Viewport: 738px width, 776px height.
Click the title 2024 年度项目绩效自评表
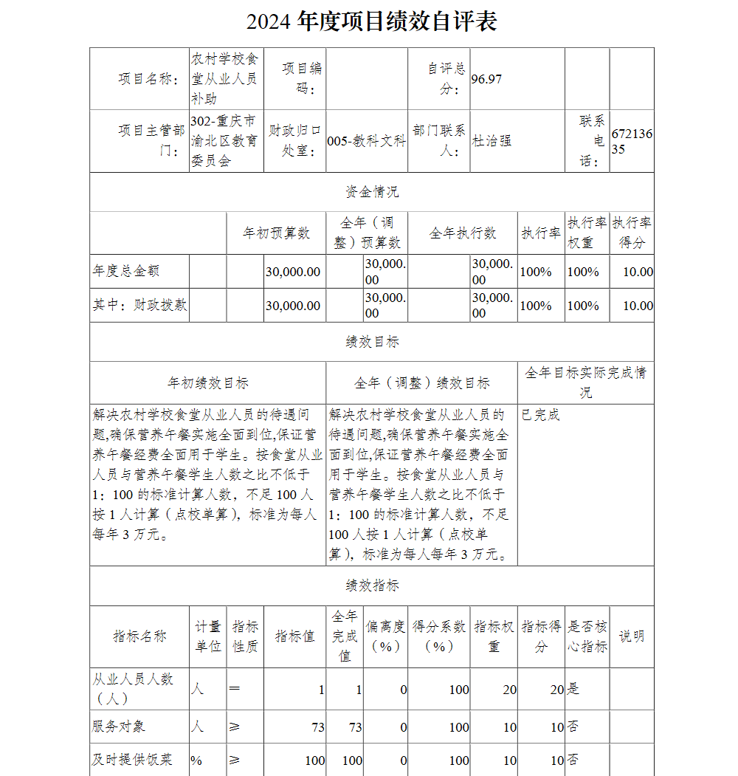pyautogui.click(x=371, y=21)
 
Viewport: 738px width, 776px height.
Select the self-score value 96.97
pyautogui.click(x=486, y=79)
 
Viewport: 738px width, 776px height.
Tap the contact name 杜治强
pyautogui.click(x=492, y=141)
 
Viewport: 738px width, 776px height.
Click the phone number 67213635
pyautogui.click(x=632, y=141)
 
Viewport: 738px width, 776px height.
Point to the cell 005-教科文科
pyautogui.click(x=366, y=141)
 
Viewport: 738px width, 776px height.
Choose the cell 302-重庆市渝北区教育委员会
pyautogui.click(x=224, y=140)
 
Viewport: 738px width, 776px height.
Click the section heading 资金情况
pyautogui.click(x=372, y=192)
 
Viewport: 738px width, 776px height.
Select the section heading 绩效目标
pyautogui.click(x=372, y=342)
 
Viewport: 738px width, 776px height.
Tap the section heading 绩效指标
pyautogui.click(x=372, y=586)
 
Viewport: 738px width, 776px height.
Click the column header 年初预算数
pyautogui.click(x=277, y=233)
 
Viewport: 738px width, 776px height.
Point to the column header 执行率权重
pyautogui.click(x=587, y=233)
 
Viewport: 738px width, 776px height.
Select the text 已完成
pyautogui.click(x=540, y=415)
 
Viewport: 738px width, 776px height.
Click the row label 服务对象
pyautogui.click(x=119, y=727)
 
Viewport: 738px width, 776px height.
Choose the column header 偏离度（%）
pyautogui.click(x=386, y=636)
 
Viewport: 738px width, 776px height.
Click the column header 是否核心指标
pyautogui.click(x=587, y=636)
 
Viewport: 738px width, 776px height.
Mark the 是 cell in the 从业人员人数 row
pyautogui.click(x=573, y=689)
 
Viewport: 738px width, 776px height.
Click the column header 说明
pyautogui.click(x=631, y=636)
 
